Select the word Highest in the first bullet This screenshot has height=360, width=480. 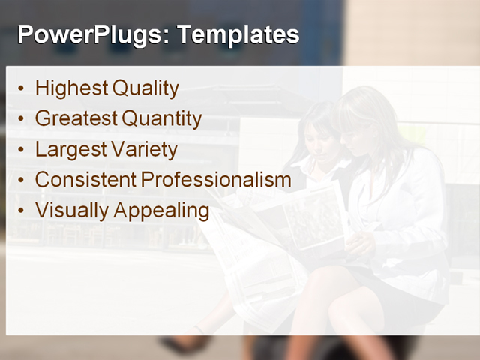pyautogui.click(x=71, y=88)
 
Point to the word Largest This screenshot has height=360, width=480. pyautogui.click(x=70, y=149)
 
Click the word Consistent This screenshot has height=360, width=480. pyautogui.click(x=85, y=180)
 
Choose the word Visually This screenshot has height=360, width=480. pyautogui.click(x=71, y=211)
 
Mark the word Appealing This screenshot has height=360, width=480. pyautogui.click(x=161, y=211)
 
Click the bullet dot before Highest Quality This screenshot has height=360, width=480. pyautogui.click(x=20, y=89)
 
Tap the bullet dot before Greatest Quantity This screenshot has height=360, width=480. pyautogui.click(x=20, y=119)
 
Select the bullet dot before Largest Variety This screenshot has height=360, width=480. pyautogui.click(x=20, y=150)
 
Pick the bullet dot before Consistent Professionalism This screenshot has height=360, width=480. pyautogui.click(x=20, y=181)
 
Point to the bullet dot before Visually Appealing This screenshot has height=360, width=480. pyautogui.click(x=20, y=211)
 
